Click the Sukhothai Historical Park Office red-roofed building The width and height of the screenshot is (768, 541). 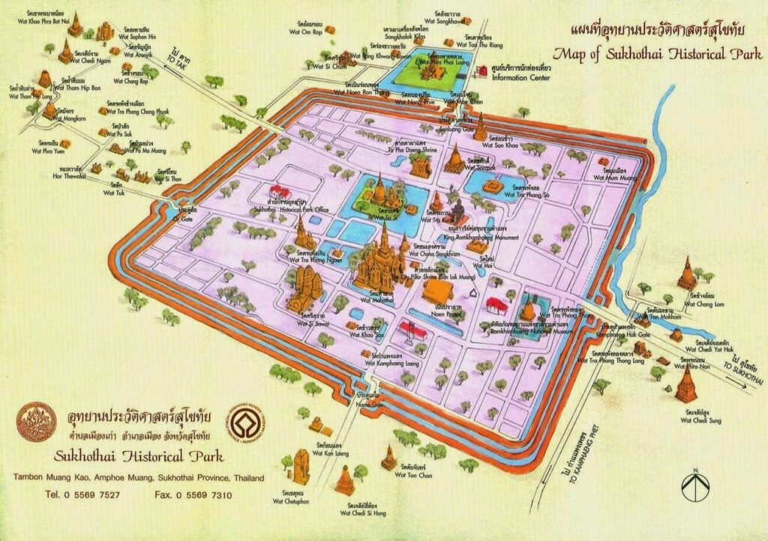pos(280,192)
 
